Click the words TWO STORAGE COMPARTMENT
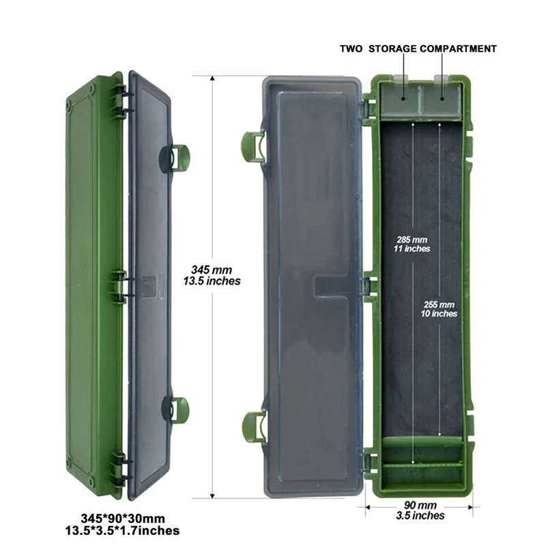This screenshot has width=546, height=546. point(418,48)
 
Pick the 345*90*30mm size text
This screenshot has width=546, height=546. point(123,518)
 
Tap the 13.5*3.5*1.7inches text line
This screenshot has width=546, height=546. point(123,531)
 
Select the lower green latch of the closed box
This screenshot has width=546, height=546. point(175,409)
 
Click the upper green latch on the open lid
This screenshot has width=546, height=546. point(253,147)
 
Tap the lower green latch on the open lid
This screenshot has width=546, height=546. point(254,427)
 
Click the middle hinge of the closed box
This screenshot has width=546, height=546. point(119,287)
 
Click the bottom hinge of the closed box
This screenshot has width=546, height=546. point(119,470)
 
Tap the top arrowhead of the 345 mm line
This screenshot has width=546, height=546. point(212,78)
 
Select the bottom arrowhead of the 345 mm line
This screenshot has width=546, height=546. point(212,495)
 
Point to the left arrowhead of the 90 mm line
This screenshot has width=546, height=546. point(368,507)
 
